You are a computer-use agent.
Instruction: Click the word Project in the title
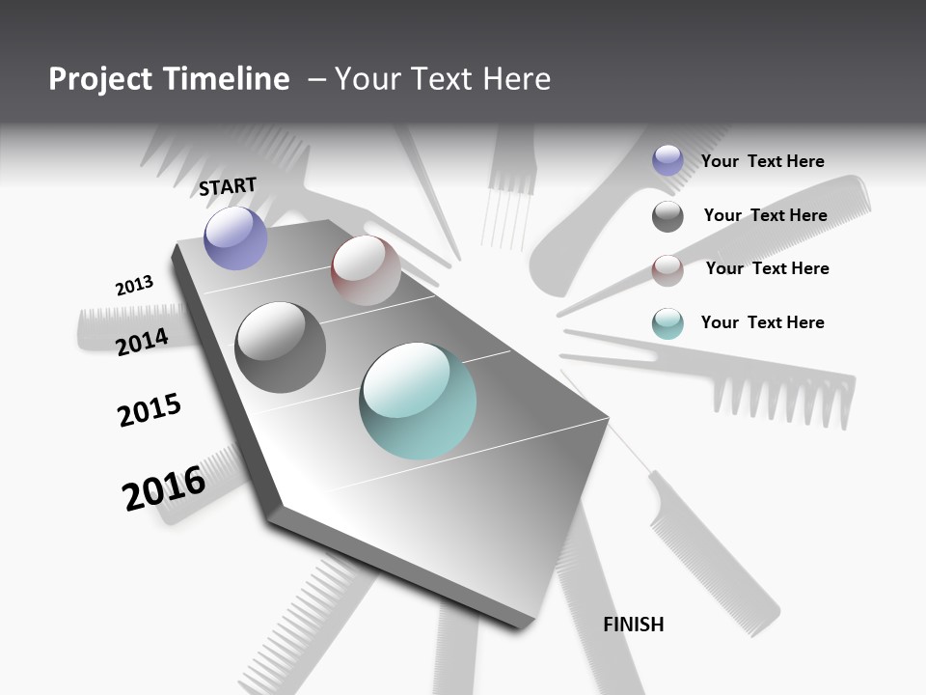(x=99, y=79)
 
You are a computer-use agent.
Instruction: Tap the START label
(x=228, y=186)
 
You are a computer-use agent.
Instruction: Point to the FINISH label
(x=634, y=625)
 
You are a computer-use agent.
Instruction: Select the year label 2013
(x=134, y=286)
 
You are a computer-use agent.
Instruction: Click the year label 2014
(x=142, y=341)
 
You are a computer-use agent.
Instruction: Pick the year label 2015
(x=150, y=410)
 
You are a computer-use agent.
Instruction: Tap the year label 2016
(x=164, y=488)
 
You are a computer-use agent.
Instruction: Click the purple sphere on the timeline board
(x=235, y=237)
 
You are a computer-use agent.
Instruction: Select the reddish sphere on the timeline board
(x=366, y=270)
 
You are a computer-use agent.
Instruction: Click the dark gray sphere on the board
(x=281, y=347)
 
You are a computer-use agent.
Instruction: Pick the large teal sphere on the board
(x=418, y=401)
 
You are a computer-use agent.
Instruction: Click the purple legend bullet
(x=667, y=160)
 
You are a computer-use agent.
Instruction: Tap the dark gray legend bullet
(x=667, y=216)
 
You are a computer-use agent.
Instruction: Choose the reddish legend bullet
(x=667, y=270)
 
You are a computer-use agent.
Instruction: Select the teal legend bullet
(x=667, y=323)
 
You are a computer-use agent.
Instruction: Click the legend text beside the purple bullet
(x=762, y=161)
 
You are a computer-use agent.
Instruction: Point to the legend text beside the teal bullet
(x=762, y=322)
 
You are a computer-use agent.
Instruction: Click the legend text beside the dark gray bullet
(x=765, y=215)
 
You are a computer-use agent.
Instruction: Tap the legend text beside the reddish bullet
(x=767, y=268)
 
